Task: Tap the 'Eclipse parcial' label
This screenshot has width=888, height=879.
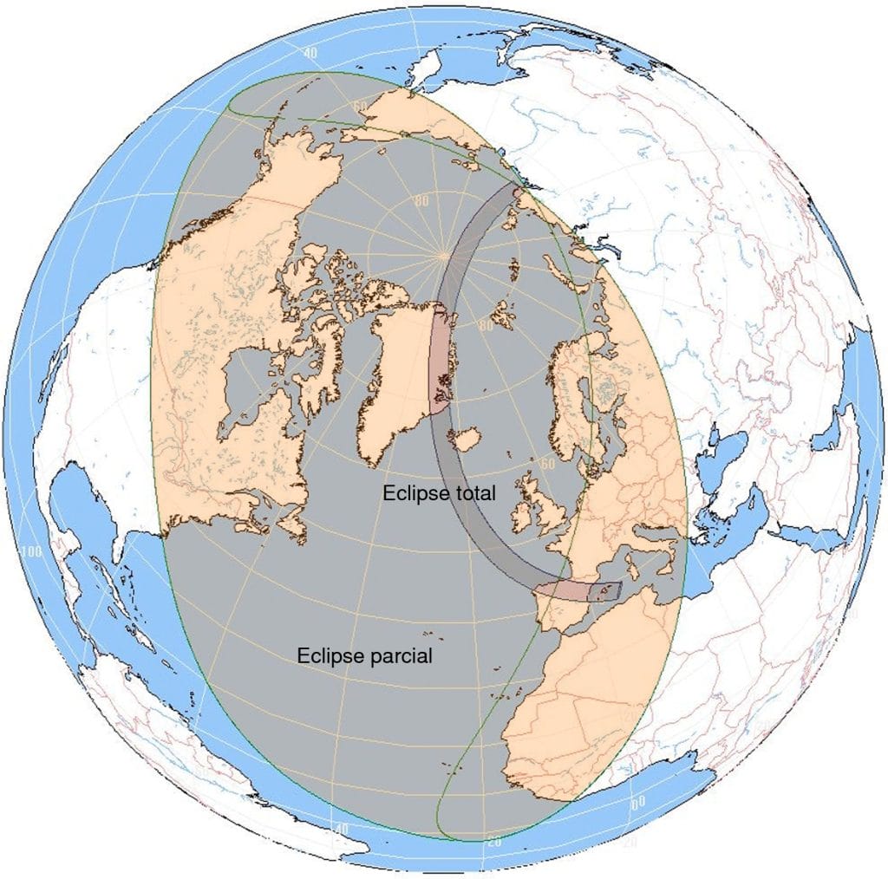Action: coord(364,655)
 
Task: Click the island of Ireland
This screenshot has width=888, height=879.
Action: coord(525,516)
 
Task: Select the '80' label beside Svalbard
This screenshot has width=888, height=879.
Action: coord(485,327)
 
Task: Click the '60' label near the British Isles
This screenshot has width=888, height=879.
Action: coord(546,464)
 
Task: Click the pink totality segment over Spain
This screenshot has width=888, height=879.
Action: coord(564,591)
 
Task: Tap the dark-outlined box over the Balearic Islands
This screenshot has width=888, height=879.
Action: coord(606,592)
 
